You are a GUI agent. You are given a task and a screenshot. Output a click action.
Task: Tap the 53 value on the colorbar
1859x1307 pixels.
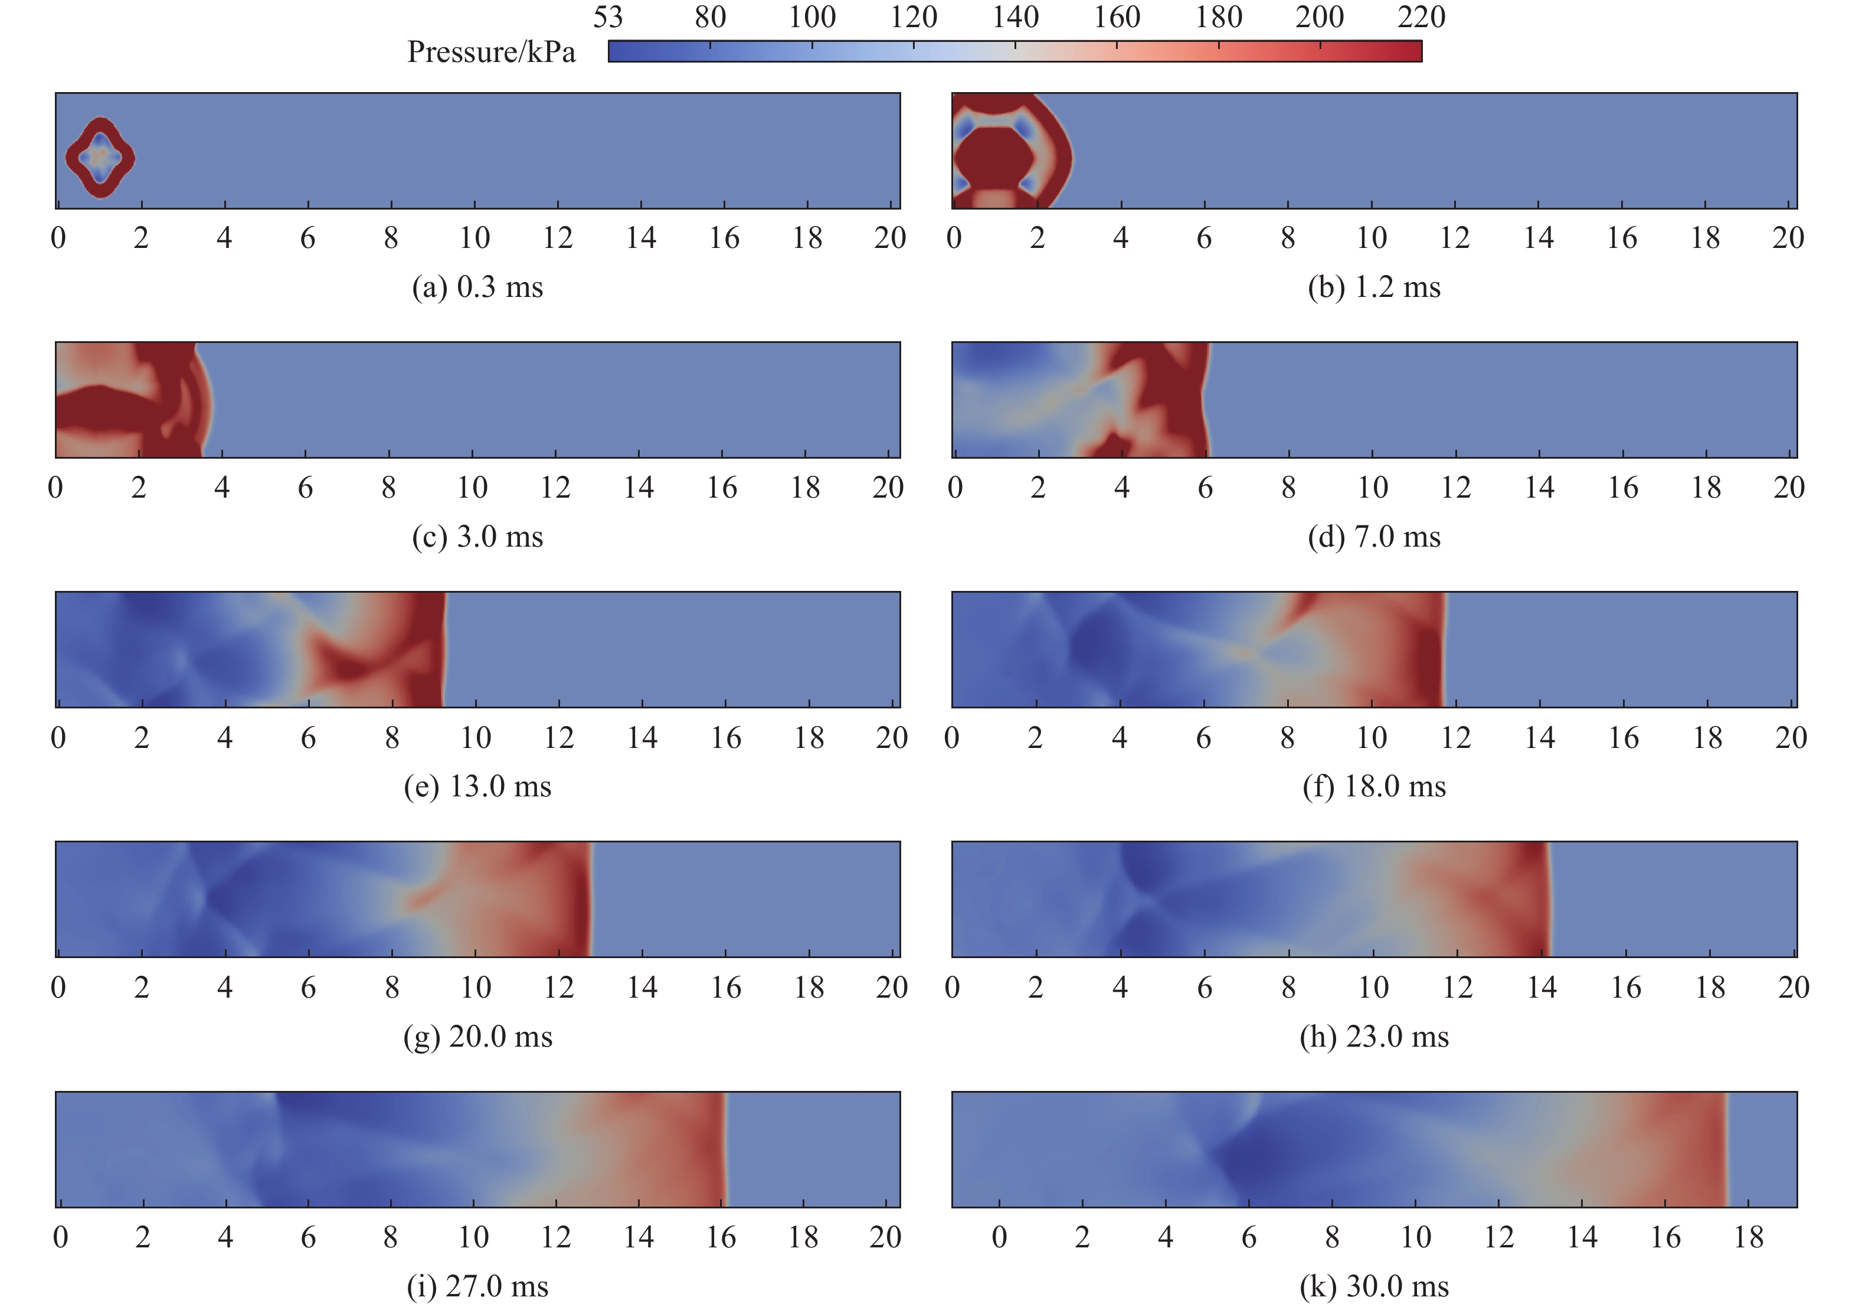click(x=607, y=17)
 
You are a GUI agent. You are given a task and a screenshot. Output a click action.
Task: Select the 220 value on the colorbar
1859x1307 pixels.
click(x=1421, y=17)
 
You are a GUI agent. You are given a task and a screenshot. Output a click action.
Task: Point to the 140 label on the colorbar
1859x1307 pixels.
click(x=1015, y=17)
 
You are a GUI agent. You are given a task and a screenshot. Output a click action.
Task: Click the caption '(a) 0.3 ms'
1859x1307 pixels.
click(x=477, y=287)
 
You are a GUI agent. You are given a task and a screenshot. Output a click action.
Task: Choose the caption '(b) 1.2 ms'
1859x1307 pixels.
click(x=1374, y=287)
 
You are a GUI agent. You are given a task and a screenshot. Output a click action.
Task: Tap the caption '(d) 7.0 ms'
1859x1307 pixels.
click(x=1374, y=537)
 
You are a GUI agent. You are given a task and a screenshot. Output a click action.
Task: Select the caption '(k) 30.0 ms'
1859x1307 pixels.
click(x=1374, y=1286)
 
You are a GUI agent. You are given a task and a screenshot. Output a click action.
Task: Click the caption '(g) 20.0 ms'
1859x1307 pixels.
click(x=477, y=1037)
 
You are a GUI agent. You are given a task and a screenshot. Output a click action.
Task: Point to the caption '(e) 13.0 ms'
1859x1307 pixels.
click(x=477, y=786)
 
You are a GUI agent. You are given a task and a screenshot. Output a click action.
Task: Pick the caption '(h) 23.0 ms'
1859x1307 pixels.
click(x=1374, y=1037)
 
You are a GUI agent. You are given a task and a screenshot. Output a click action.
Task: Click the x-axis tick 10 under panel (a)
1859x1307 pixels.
click(x=474, y=238)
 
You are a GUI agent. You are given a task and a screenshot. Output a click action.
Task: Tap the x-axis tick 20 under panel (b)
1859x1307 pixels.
click(x=1788, y=238)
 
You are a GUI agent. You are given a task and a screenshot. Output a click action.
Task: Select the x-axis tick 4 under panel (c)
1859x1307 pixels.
click(x=222, y=488)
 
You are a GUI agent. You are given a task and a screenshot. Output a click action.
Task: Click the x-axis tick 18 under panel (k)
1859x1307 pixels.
click(x=1748, y=1237)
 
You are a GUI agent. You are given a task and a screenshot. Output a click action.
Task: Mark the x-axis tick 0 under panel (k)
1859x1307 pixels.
click(x=999, y=1237)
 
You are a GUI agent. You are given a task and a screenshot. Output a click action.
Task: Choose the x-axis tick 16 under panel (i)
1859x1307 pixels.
click(x=721, y=1237)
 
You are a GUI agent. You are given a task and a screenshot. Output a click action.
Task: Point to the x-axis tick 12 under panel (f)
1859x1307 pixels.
click(x=1455, y=738)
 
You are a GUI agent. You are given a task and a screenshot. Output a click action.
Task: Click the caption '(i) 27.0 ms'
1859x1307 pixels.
click(x=477, y=1286)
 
